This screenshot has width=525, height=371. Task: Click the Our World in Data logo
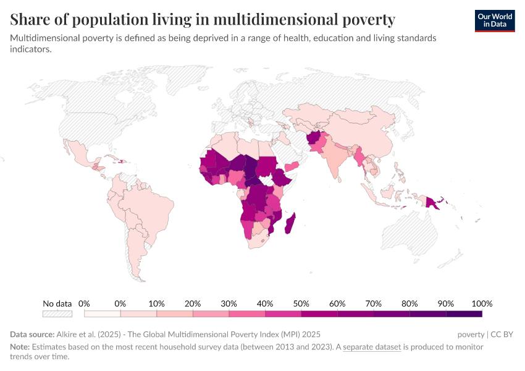[x=495, y=20]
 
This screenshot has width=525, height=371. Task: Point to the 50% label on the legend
[x=301, y=304]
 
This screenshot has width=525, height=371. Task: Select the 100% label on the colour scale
[x=481, y=304]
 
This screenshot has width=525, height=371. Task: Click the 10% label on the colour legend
[x=156, y=304]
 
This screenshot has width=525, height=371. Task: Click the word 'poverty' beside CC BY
[x=471, y=335]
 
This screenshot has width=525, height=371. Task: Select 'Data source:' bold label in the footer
[x=31, y=335]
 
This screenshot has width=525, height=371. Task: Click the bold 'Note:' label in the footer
[x=20, y=347]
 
